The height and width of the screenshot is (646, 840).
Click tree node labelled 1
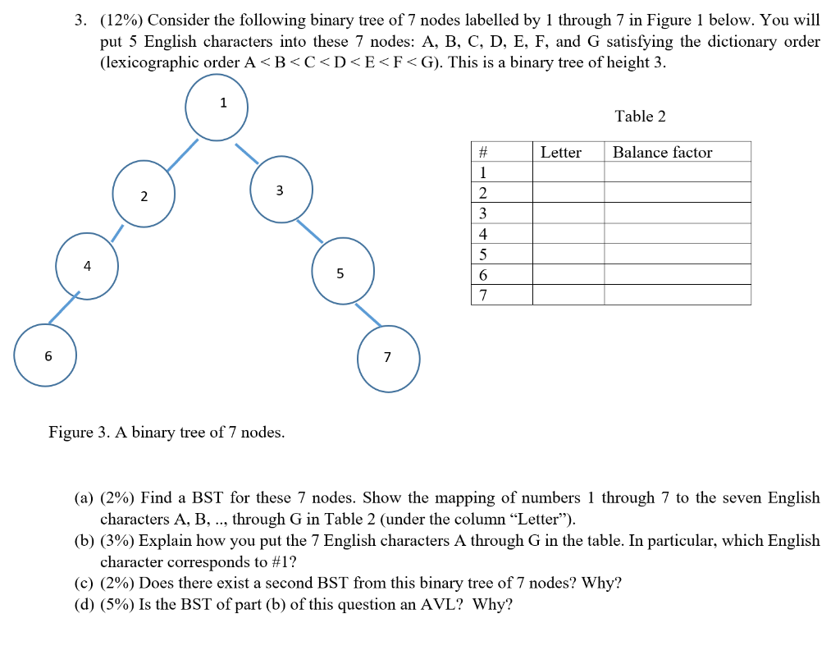217,110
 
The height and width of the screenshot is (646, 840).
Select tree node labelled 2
144,194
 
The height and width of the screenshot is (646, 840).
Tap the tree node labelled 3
281,190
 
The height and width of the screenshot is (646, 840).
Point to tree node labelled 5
343,271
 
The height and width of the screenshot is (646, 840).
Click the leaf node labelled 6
46,355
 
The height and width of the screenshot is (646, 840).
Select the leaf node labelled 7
388,358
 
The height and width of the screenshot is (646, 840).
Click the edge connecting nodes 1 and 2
183,154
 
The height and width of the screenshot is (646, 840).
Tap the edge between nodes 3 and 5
309,231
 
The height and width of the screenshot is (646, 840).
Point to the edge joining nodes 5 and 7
367,314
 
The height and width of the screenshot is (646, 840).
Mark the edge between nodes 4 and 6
62,308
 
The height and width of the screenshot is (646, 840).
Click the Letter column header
561,152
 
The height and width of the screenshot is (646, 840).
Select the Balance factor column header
662,152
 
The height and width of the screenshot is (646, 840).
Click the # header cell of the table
483,152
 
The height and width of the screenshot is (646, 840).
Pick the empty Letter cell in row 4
568,234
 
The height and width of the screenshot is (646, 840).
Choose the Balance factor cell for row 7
677,295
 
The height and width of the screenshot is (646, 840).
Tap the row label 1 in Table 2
483,172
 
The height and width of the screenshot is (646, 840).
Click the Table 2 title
640,117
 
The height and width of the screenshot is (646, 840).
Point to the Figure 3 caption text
167,432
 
